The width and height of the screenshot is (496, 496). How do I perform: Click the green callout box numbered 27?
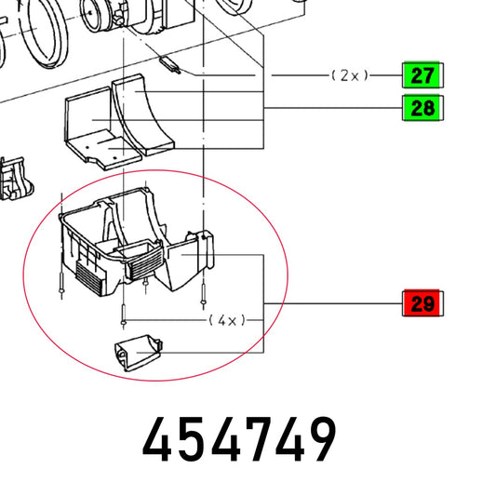(422, 75)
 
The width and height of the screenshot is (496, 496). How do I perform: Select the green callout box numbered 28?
(422, 108)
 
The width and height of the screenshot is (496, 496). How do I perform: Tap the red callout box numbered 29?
(422, 303)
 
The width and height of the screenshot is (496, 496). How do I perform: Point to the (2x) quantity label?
(350, 75)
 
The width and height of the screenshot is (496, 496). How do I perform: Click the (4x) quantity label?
(227, 321)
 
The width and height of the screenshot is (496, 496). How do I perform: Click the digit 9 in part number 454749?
(319, 438)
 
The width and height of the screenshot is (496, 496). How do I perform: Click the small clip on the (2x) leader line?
(170, 64)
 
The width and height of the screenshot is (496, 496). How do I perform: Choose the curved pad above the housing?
(142, 115)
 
